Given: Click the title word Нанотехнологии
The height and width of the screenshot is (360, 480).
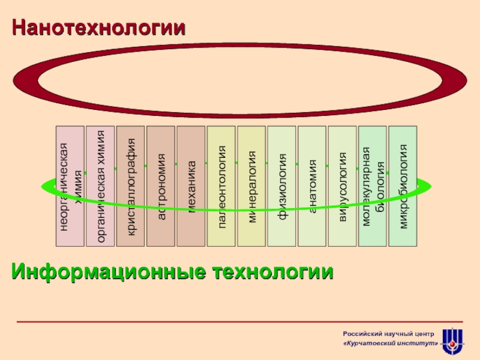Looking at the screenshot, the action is coord(99,27).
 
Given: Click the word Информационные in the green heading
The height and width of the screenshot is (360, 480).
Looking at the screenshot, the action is coord(104,272).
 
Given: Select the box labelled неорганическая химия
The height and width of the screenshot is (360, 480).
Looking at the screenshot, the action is coord(70,186).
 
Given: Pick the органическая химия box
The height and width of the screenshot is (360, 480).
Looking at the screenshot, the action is coord(100,186).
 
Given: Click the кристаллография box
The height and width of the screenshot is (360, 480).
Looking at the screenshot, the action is coord(130,186).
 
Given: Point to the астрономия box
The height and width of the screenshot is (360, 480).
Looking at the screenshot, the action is coord(161,186).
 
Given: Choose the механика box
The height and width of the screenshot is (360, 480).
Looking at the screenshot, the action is coord(191,186).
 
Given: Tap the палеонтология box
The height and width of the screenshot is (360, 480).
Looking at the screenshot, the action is coord(221,186).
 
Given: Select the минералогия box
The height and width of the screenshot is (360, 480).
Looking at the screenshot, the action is coord(251,186).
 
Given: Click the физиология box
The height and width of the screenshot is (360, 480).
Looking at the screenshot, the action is coord(282,186).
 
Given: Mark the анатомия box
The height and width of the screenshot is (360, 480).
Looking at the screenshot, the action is coord(312,186).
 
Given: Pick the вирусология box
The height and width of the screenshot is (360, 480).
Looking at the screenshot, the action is coord(343,186).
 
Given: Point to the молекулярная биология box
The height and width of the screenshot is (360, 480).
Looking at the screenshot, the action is coord(373,186).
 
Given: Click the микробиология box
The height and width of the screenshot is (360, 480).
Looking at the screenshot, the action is coord(403,186).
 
